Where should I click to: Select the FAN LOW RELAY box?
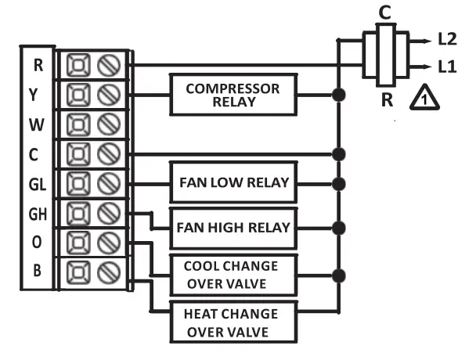point(234,184)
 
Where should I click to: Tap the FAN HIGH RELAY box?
point(234,229)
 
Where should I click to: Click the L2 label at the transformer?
point(448,38)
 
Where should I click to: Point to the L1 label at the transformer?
point(448,67)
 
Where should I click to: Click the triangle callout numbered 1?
point(422,97)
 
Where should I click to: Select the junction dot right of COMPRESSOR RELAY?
point(338,95)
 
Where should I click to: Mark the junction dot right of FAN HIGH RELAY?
point(338,229)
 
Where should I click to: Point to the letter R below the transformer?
point(386,99)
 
